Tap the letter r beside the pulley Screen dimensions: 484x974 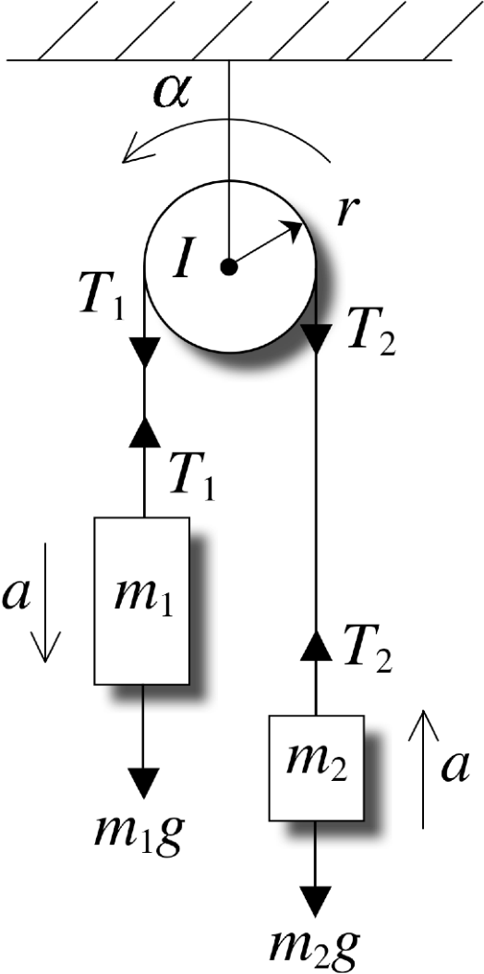click(345, 213)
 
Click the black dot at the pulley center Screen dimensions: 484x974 click(230, 267)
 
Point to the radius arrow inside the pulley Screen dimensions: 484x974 click(266, 245)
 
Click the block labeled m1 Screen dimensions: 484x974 click(142, 602)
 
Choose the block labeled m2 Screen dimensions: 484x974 click(316, 768)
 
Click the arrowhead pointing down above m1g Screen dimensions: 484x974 click(143, 783)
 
